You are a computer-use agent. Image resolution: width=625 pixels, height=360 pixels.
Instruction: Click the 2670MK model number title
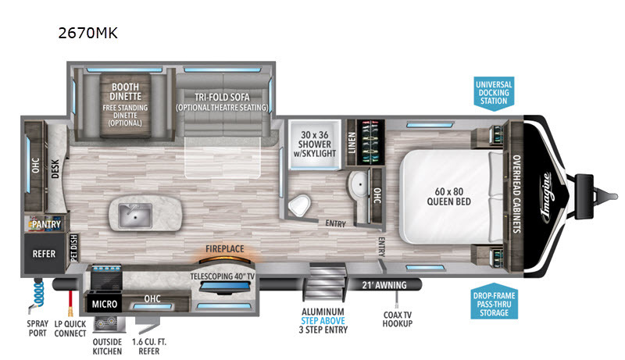pyautogui.click(x=87, y=33)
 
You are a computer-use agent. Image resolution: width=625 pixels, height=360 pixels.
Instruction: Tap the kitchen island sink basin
pyautogui.click(x=135, y=216)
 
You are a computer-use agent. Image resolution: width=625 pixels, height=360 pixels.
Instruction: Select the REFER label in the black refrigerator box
pyautogui.click(x=44, y=254)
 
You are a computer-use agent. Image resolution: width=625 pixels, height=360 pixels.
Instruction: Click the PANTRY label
pyautogui.click(x=46, y=224)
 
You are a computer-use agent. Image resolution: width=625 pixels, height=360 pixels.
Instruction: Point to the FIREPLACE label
pyautogui.click(x=225, y=249)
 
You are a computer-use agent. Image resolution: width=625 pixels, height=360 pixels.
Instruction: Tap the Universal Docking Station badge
pyautogui.click(x=494, y=93)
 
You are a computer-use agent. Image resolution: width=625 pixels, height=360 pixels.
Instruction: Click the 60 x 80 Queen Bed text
pyautogui.click(x=448, y=197)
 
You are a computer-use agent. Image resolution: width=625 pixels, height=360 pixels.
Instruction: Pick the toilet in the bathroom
pyautogui.click(x=299, y=205)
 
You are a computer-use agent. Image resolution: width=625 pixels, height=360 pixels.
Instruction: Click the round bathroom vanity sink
pyautogui.click(x=359, y=184)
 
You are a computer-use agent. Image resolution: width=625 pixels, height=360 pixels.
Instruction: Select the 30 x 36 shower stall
pyautogui.click(x=315, y=144)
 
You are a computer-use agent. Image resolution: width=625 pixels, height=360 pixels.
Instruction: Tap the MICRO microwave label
pyautogui.click(x=105, y=305)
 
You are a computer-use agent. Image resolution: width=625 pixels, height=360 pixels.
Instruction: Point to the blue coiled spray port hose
pyautogui.click(x=37, y=294)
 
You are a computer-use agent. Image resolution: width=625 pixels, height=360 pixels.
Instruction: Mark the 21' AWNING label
pyautogui.click(x=384, y=285)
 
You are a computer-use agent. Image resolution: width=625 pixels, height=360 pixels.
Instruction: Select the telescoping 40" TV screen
pyautogui.click(x=224, y=287)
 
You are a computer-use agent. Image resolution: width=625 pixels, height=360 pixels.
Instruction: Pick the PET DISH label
pyautogui.click(x=74, y=248)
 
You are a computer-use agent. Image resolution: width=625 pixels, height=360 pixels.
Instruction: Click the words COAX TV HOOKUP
pyautogui.click(x=398, y=319)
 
